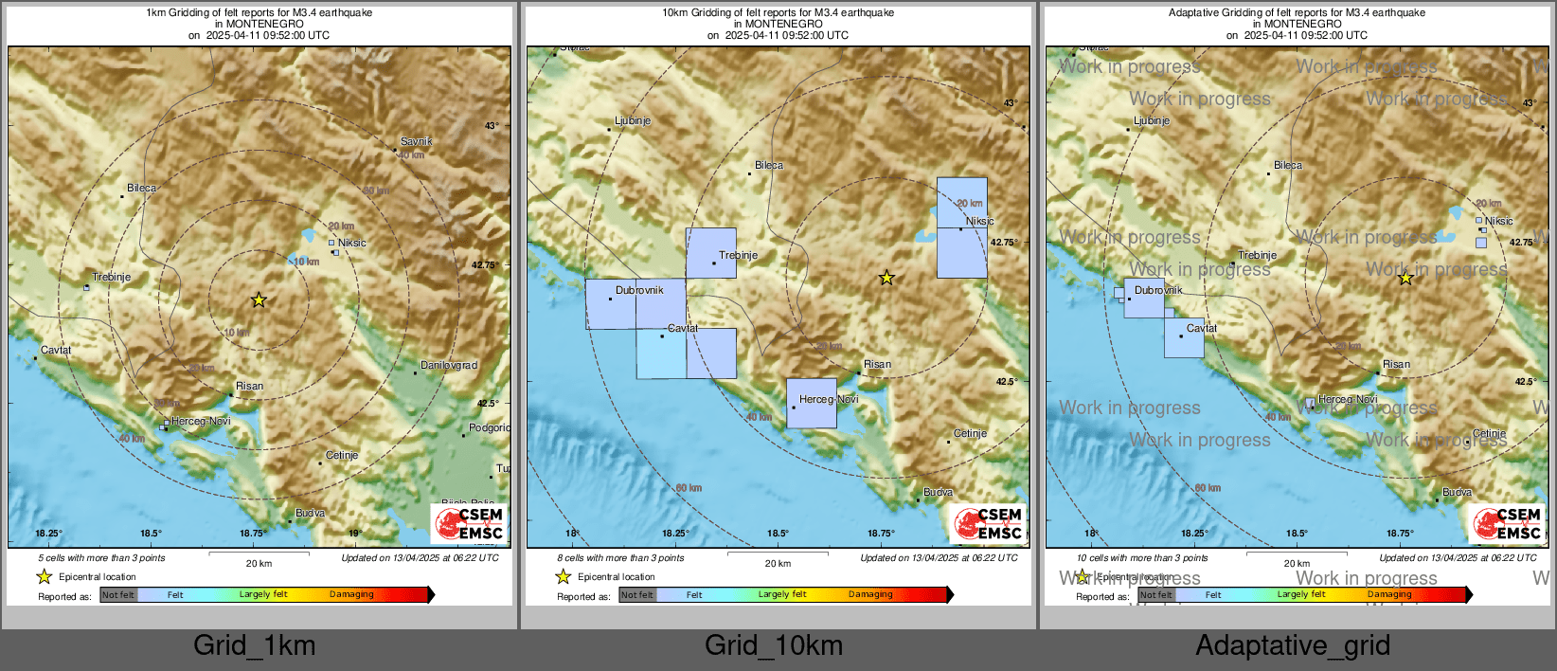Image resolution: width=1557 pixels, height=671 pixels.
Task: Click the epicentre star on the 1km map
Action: [x=259, y=300]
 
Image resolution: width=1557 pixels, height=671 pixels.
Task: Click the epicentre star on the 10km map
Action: [x=886, y=278]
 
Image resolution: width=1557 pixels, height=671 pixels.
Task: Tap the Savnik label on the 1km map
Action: [x=416, y=141]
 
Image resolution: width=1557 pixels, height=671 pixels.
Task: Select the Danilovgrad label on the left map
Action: [x=449, y=365]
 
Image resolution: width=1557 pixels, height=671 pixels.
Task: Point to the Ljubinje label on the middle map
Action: [x=633, y=121]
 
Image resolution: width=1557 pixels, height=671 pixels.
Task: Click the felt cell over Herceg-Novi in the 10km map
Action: [x=812, y=404]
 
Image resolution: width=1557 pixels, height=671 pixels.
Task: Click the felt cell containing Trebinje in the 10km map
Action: [x=711, y=253]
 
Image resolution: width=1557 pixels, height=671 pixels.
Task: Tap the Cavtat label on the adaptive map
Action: [x=1202, y=328]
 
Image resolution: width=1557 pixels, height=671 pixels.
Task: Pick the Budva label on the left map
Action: [x=311, y=513]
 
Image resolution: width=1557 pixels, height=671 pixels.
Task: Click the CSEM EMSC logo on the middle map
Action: [x=989, y=524]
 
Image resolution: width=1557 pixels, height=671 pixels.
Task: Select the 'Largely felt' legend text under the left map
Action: [x=263, y=594]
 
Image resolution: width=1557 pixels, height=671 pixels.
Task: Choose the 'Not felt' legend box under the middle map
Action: [x=637, y=595]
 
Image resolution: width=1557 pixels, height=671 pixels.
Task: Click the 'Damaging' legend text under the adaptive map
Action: [x=1389, y=594]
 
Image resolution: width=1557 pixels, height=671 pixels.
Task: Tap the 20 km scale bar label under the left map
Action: [x=259, y=563]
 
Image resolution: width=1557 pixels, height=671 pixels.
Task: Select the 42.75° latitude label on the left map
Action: [x=485, y=264]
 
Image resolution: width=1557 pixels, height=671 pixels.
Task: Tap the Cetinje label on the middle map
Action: [x=970, y=433]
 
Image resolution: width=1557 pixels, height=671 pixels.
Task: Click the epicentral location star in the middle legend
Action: [x=564, y=576]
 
